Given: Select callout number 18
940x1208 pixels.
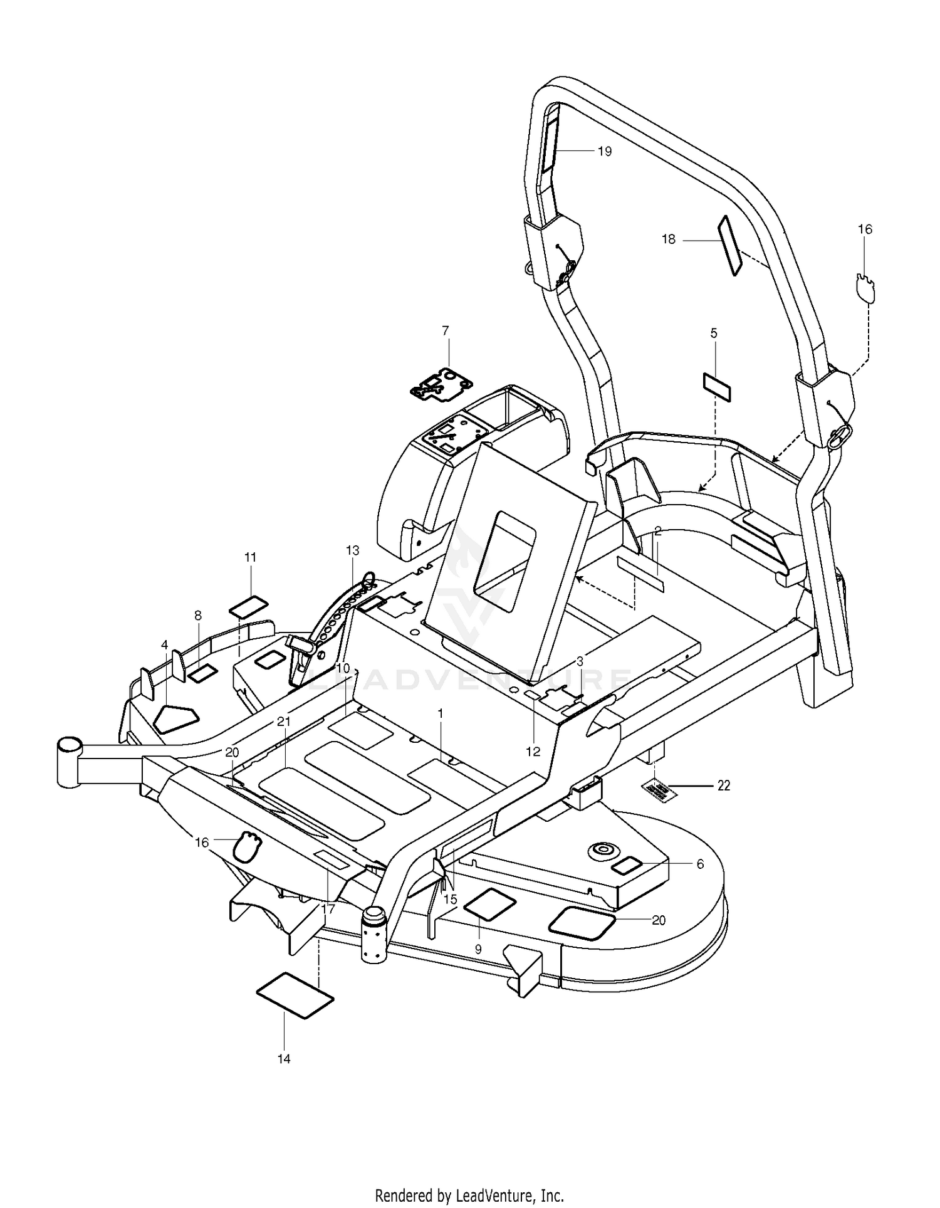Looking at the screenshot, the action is (669, 239).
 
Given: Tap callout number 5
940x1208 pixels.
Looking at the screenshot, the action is (714, 333).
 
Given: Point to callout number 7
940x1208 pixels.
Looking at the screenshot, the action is (446, 330).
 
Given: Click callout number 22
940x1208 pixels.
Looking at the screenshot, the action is (724, 785).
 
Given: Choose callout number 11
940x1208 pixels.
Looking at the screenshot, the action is (251, 557).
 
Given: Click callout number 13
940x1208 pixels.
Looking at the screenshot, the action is (352, 550).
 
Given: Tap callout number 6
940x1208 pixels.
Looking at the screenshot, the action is (700, 864).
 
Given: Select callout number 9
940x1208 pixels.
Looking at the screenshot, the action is (478, 949).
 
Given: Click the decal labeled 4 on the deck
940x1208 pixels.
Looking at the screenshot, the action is (176, 719).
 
